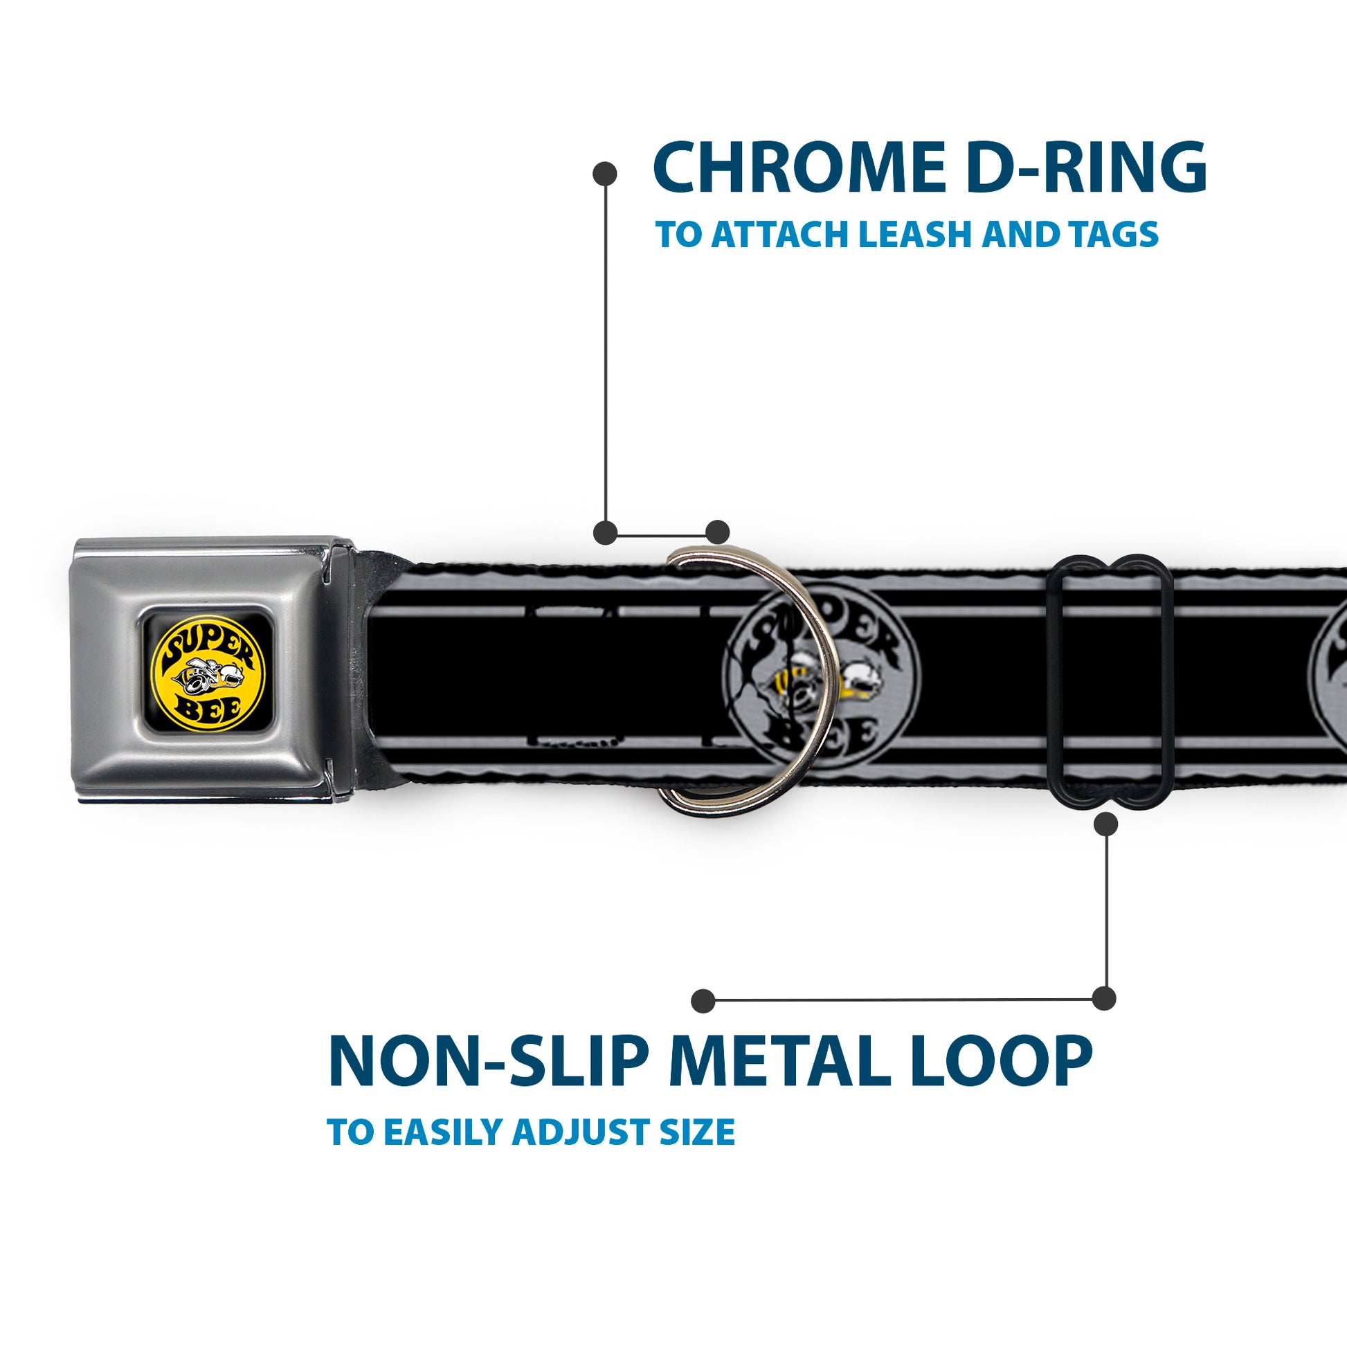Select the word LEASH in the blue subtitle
pyautogui.click(x=914, y=234)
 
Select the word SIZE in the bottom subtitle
pyautogui.click(x=698, y=1131)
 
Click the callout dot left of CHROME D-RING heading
pyautogui.click(x=604, y=174)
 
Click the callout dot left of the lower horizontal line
pyautogui.click(x=703, y=1000)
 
